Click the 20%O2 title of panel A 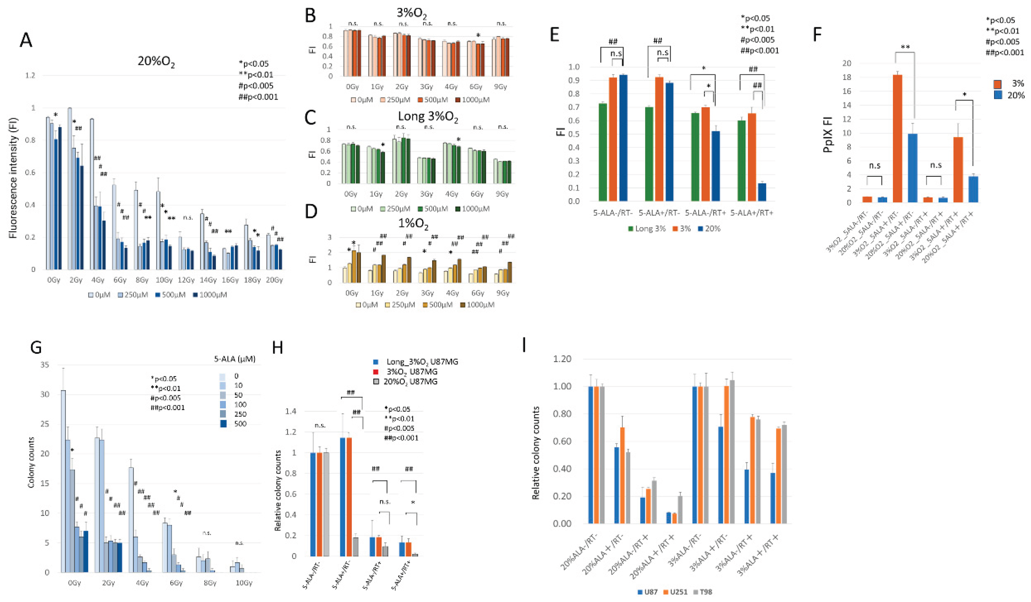tap(156, 62)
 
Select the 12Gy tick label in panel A tap(186, 280)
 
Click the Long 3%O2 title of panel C tap(428, 117)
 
